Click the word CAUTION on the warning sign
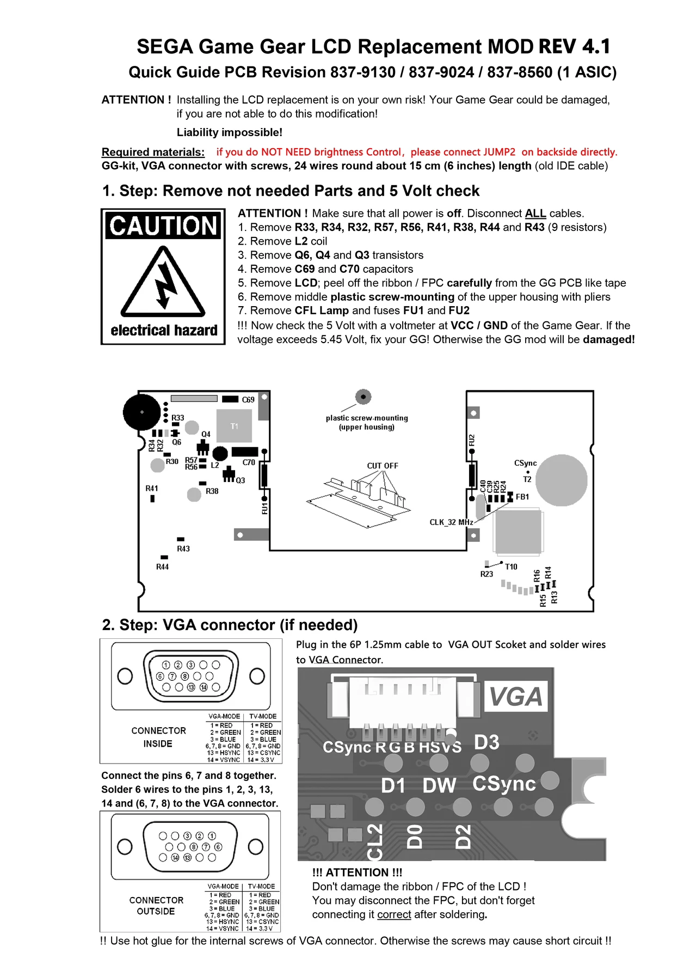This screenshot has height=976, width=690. point(163,225)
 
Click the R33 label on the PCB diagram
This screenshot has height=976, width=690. point(178,418)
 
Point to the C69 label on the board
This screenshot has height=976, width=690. point(248,400)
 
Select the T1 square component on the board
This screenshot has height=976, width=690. point(234,426)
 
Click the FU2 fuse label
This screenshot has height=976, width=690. point(472,440)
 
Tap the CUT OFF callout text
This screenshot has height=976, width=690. point(383,466)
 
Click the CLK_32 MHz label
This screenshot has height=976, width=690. point(451,522)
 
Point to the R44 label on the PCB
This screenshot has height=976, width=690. point(162,567)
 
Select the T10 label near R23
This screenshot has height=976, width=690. point(511,566)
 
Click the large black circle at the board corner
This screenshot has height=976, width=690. point(142,412)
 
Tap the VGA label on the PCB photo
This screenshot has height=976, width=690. point(515,697)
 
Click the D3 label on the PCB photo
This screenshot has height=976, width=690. point(486,742)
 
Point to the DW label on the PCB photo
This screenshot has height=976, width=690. point(439,785)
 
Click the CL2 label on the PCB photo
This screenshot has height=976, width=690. point(375,841)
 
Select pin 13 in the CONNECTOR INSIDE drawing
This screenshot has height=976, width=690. point(191,687)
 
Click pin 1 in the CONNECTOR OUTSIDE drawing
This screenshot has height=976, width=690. point(212,835)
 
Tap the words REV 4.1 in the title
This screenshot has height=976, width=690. point(575,47)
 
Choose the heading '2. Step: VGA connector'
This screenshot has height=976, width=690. point(230,625)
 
